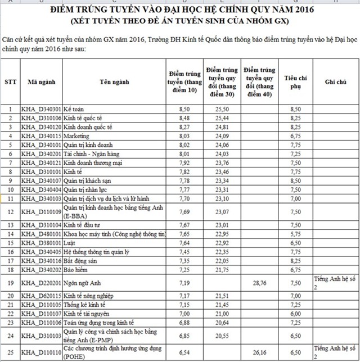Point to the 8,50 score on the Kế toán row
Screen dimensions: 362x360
point(183,109)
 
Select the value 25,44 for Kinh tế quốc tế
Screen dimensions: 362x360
point(222,118)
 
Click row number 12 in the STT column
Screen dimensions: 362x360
point(10,212)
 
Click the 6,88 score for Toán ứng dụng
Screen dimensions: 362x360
point(183,323)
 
